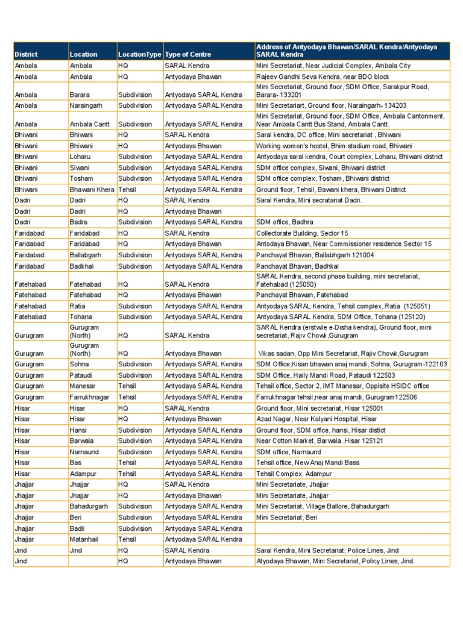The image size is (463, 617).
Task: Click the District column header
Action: [26, 54]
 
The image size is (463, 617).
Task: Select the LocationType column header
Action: [140, 54]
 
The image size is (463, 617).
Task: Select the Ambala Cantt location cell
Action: [90, 124]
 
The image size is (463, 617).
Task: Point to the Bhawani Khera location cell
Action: [92, 189]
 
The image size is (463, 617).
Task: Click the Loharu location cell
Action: [81, 157]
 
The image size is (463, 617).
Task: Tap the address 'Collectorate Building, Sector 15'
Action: [302, 233]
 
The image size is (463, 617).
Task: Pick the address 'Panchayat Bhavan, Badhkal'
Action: [297, 266]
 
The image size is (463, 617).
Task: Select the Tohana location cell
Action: [81, 316]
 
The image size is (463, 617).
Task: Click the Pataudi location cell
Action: [82, 375]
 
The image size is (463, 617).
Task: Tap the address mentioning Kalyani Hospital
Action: [317, 419]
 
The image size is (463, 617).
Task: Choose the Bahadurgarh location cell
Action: [89, 506]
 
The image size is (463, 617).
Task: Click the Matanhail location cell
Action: [86, 539]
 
